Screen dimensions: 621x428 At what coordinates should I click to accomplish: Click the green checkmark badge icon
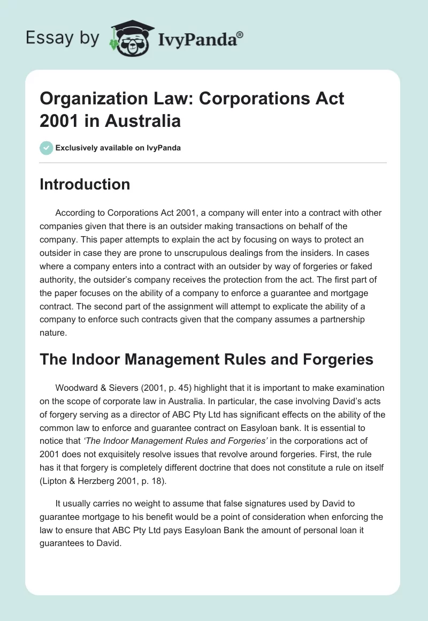(47, 148)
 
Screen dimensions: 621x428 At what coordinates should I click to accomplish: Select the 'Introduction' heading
(85, 184)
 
